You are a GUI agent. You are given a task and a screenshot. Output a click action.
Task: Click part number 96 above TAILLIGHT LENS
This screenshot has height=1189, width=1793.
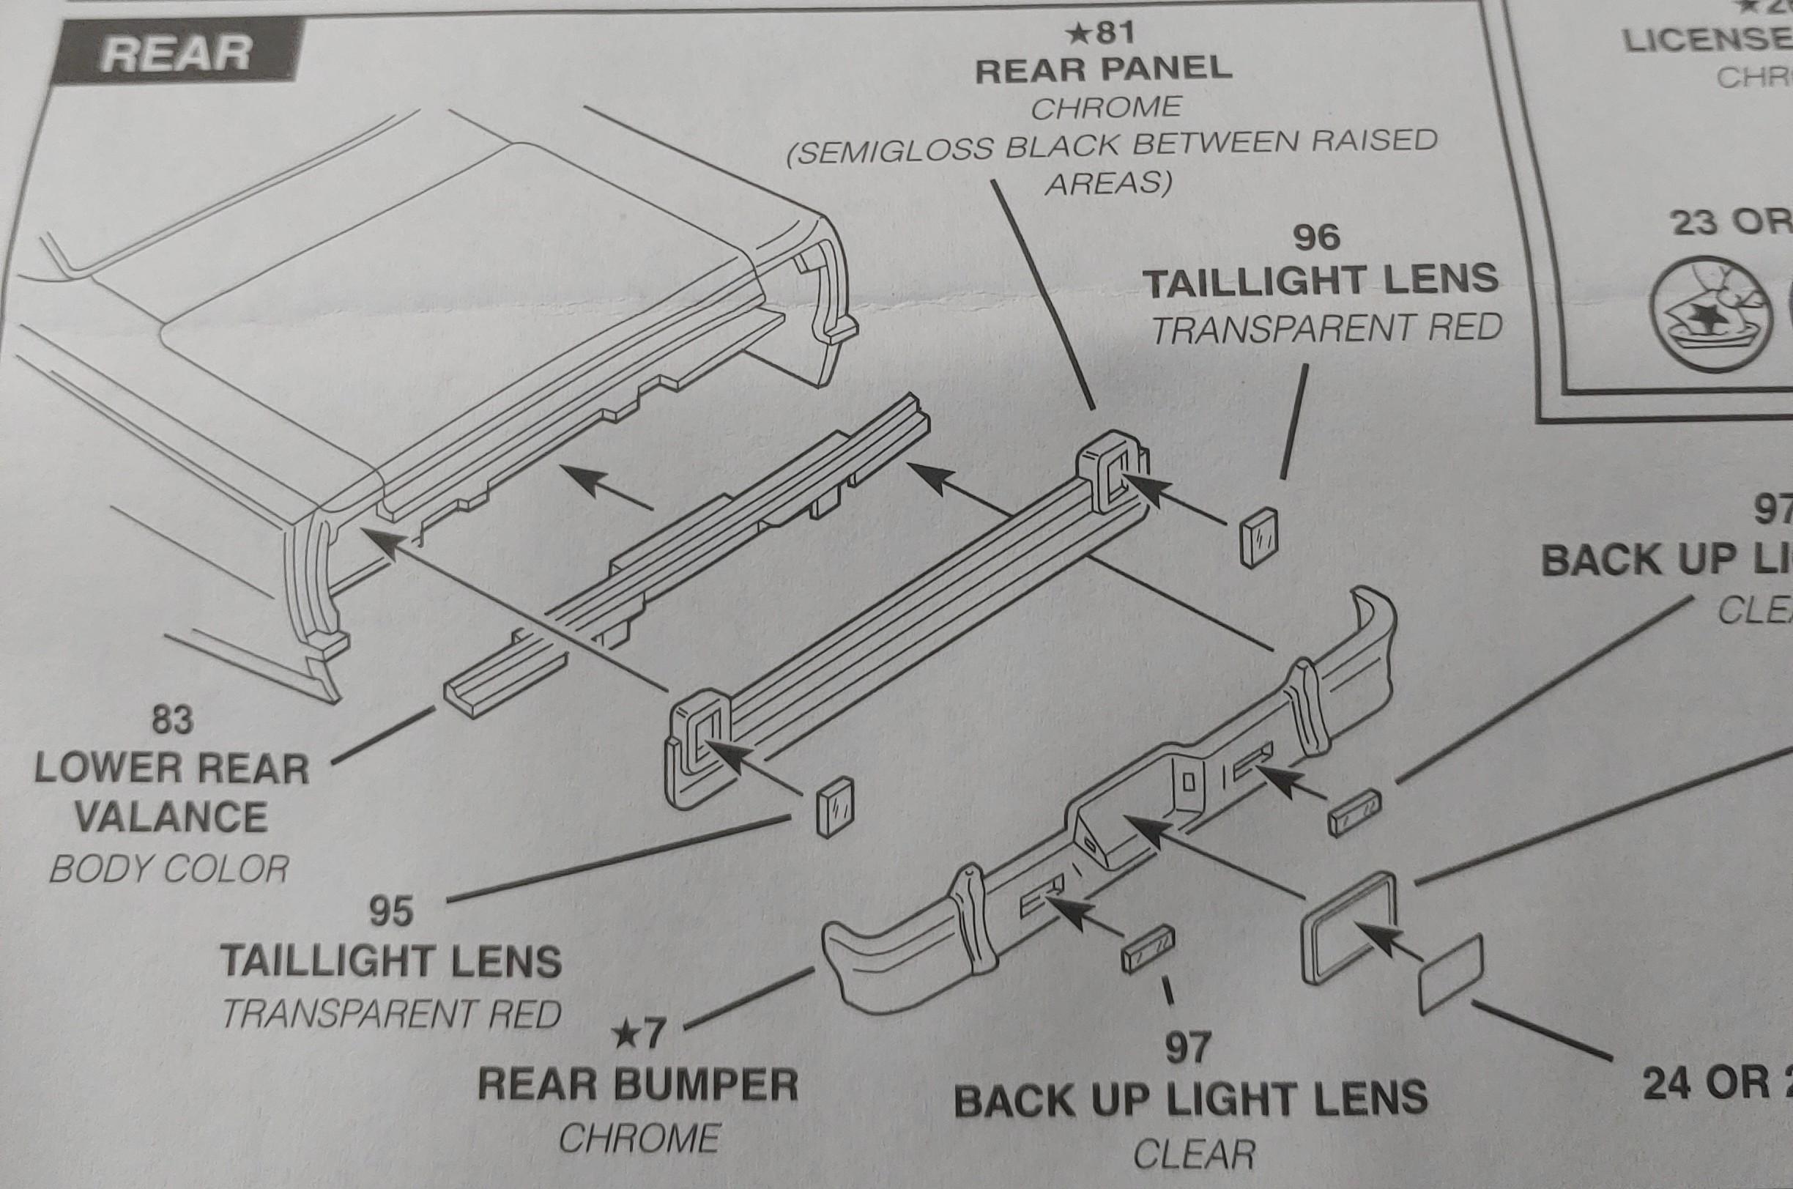click(x=1317, y=237)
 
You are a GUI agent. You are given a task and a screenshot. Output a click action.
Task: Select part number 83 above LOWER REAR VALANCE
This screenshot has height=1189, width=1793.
click(x=173, y=719)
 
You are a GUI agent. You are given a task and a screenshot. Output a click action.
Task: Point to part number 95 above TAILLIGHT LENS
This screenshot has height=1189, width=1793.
click(x=391, y=911)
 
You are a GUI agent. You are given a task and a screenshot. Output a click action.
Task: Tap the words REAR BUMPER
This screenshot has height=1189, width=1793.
click(x=638, y=1085)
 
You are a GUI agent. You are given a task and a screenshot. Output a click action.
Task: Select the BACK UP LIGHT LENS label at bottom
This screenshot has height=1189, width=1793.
click(x=1190, y=1100)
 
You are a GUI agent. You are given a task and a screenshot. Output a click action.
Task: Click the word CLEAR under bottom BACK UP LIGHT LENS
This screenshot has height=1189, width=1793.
click(x=1194, y=1155)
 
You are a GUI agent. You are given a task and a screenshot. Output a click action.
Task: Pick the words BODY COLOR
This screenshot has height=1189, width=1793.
click(x=169, y=869)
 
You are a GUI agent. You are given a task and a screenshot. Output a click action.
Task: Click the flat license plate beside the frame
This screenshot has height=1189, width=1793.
click(x=1449, y=974)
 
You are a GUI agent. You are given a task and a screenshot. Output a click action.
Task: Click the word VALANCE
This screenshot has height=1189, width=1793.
click(x=171, y=818)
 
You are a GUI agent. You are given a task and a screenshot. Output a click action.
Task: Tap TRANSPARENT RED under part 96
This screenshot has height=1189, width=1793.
click(x=1326, y=328)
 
